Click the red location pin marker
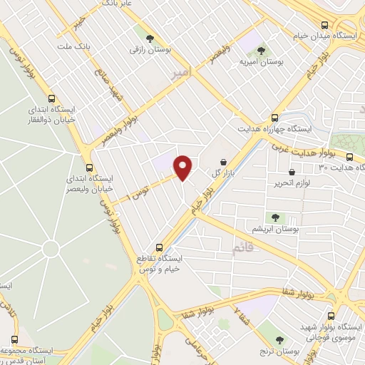[183, 168]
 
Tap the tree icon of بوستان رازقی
[149, 38]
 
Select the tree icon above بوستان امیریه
[261, 51]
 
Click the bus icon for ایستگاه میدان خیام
[325, 24]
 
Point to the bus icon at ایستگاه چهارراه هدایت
[275, 118]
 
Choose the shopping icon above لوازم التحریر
[292, 172]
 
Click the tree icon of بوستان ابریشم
[274, 217]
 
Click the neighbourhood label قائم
[242, 247]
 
